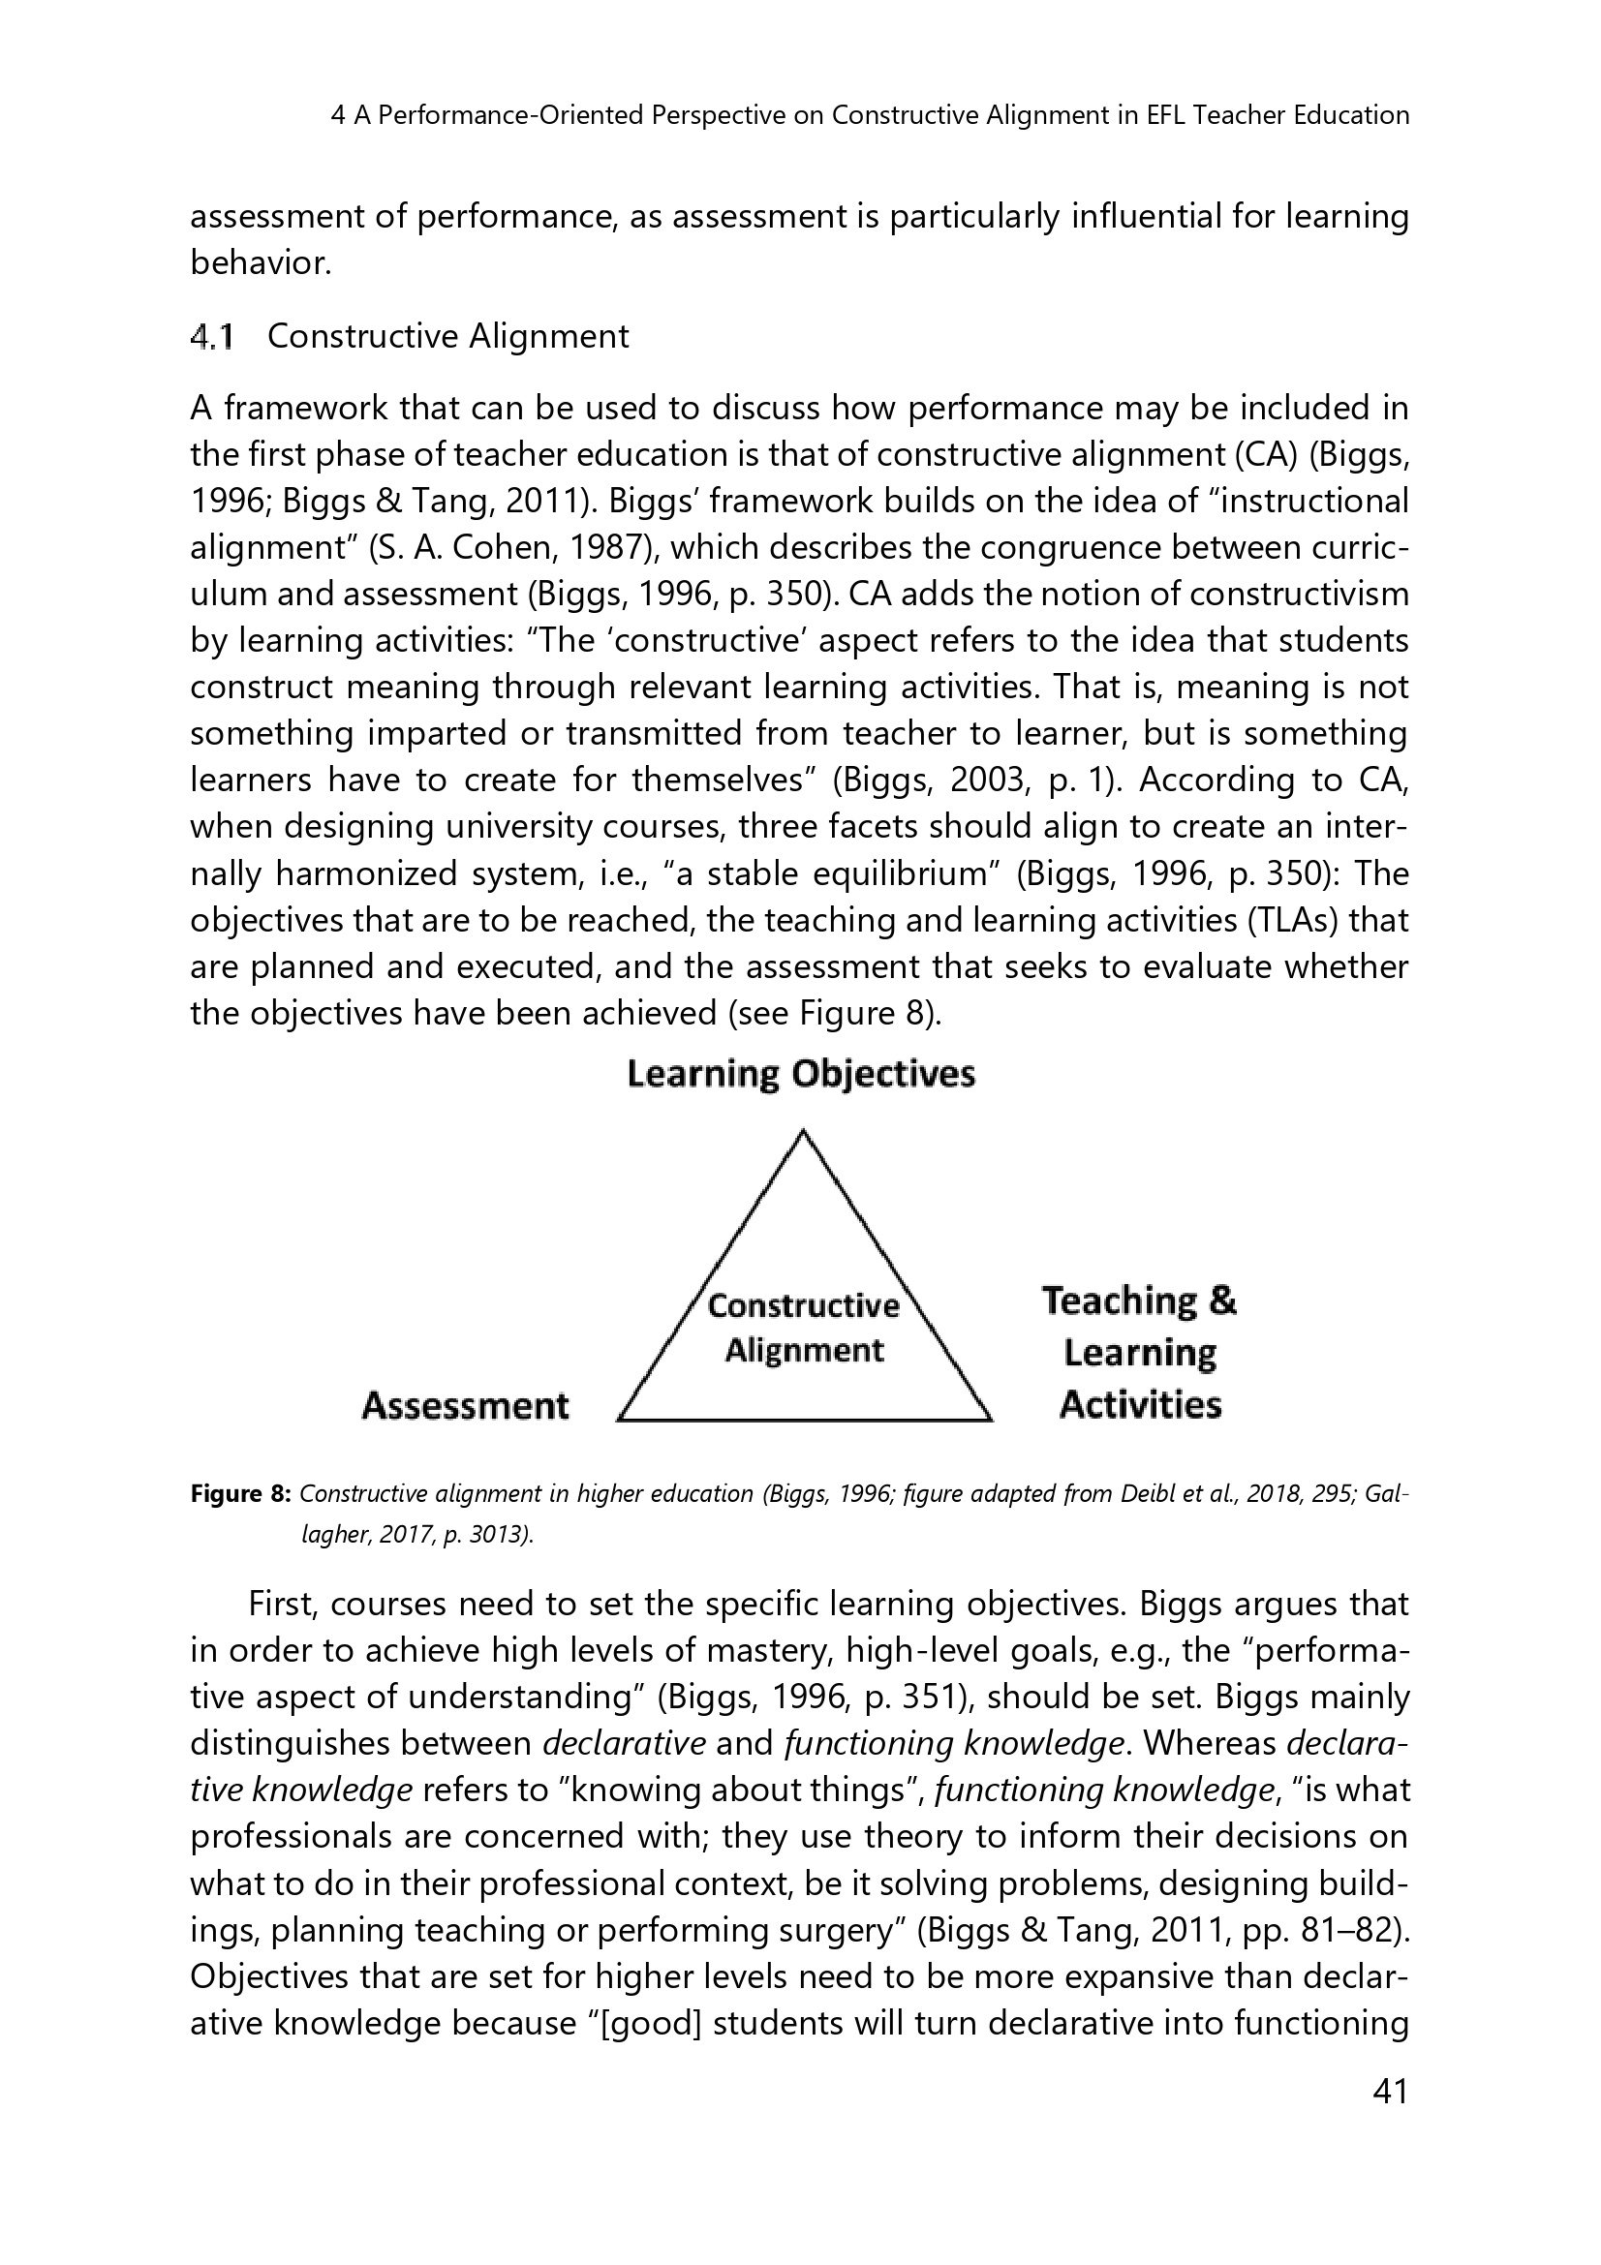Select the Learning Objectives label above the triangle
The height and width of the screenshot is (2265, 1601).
[801, 1074]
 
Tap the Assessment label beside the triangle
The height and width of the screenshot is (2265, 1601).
[466, 1406]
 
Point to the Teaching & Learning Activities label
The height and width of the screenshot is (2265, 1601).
[1140, 1353]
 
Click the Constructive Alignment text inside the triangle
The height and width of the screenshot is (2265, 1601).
[804, 1328]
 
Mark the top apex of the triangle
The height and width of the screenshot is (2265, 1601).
[804, 1130]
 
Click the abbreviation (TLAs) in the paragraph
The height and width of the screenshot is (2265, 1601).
[1281, 921]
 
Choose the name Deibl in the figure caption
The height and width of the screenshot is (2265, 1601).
[1145, 1494]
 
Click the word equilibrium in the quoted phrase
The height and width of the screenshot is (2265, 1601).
[893, 875]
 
